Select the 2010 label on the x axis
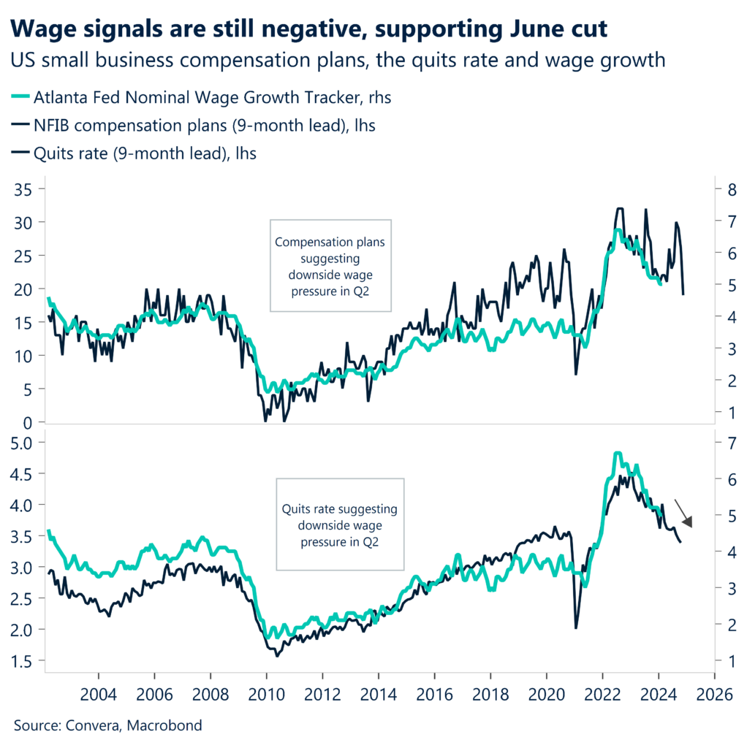(265, 692)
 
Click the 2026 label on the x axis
(713, 692)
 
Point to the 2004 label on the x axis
(97, 692)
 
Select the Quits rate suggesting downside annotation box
(340, 524)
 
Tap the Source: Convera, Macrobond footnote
(107, 725)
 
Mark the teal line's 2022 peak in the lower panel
(617, 454)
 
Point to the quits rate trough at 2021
(576, 627)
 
